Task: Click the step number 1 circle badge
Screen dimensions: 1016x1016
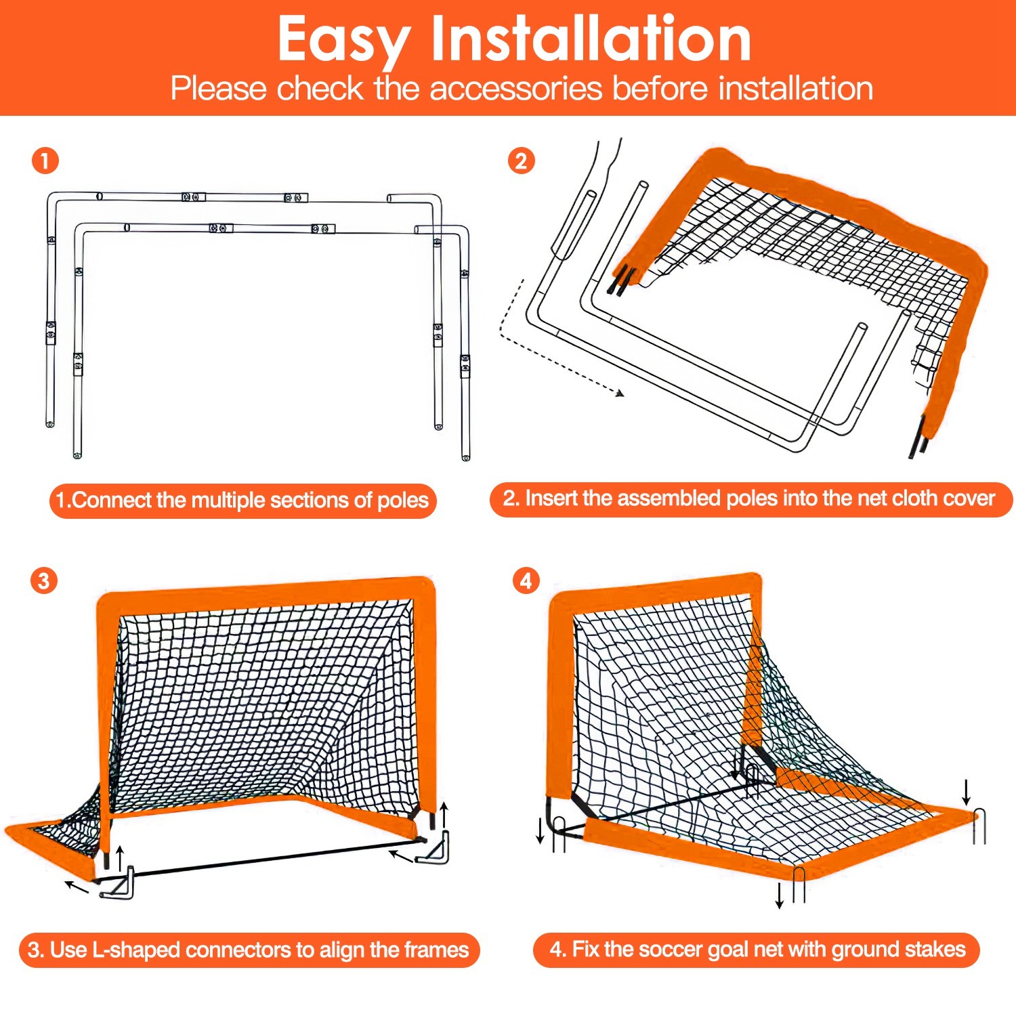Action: (45, 161)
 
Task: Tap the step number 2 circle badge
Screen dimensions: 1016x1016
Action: (521, 161)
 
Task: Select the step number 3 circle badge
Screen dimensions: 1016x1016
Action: (44, 581)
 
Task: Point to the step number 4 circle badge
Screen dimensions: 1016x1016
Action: (526, 581)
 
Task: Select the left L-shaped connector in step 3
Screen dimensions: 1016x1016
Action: (119, 883)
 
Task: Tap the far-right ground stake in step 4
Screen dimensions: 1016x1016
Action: (979, 826)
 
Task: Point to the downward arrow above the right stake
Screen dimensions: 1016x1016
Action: (967, 792)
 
